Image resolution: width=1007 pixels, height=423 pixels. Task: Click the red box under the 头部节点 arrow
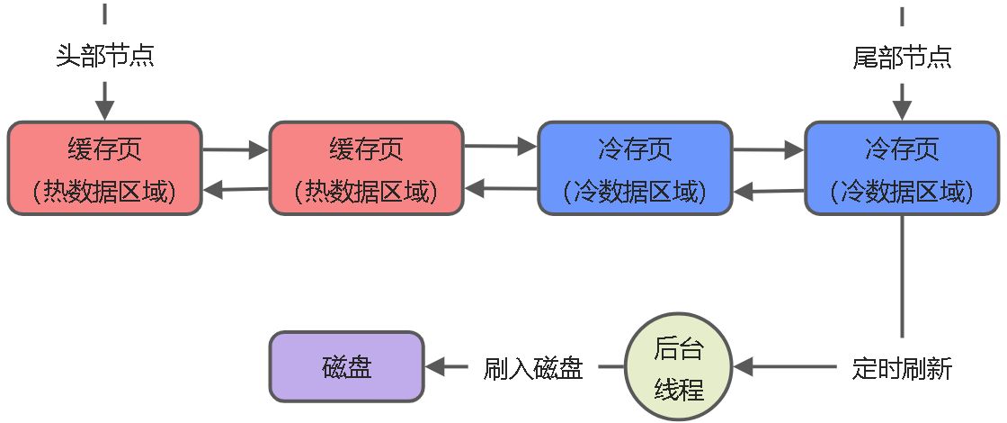point(105,168)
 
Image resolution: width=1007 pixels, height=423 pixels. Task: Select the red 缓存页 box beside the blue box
point(366,168)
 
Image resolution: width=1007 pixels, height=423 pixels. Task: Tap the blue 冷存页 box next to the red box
point(635,168)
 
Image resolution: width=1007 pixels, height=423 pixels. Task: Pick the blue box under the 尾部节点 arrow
point(902,168)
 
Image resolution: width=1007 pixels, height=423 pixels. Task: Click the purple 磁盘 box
point(346,366)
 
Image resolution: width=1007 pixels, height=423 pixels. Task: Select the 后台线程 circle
point(679,366)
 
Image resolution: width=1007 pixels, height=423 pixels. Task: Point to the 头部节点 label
point(105,57)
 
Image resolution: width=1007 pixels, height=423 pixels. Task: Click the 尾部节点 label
point(902,57)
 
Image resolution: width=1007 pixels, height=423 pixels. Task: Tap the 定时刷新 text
point(902,368)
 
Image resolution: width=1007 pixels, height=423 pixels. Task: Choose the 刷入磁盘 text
point(533,368)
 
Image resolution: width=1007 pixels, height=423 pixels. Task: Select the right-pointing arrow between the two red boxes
point(236,149)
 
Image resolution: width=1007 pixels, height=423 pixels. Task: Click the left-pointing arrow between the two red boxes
point(236,189)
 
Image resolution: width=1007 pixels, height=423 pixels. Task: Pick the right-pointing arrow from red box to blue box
point(501,146)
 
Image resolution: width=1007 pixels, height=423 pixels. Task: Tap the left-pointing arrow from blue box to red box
point(501,189)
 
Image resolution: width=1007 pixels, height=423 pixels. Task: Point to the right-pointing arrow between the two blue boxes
point(769,149)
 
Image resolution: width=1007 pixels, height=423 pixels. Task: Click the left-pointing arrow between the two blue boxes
point(769,191)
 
